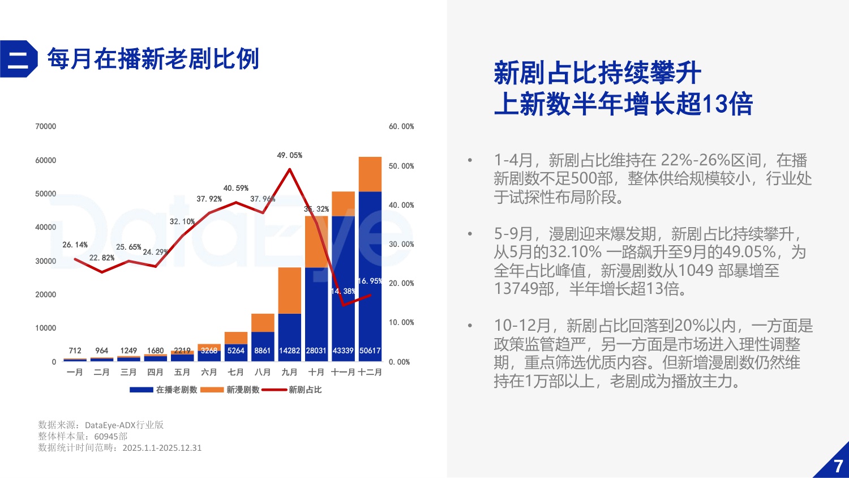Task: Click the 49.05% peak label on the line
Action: point(289,155)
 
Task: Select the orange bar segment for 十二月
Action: point(370,174)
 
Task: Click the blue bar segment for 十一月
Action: point(343,283)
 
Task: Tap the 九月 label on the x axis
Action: point(289,372)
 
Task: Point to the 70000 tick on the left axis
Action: point(46,126)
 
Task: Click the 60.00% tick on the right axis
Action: point(401,126)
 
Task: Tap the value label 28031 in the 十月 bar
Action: point(316,351)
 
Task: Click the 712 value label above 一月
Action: point(75,351)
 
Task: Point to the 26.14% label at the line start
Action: point(75,245)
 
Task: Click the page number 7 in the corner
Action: point(838,466)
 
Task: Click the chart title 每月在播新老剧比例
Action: point(153,59)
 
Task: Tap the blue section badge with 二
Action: point(18,59)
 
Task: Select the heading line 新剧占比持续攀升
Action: point(597,73)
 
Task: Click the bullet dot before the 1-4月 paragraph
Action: point(470,160)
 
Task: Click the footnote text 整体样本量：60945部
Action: point(83,436)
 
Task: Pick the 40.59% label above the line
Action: point(235,188)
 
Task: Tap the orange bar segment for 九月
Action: point(289,290)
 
